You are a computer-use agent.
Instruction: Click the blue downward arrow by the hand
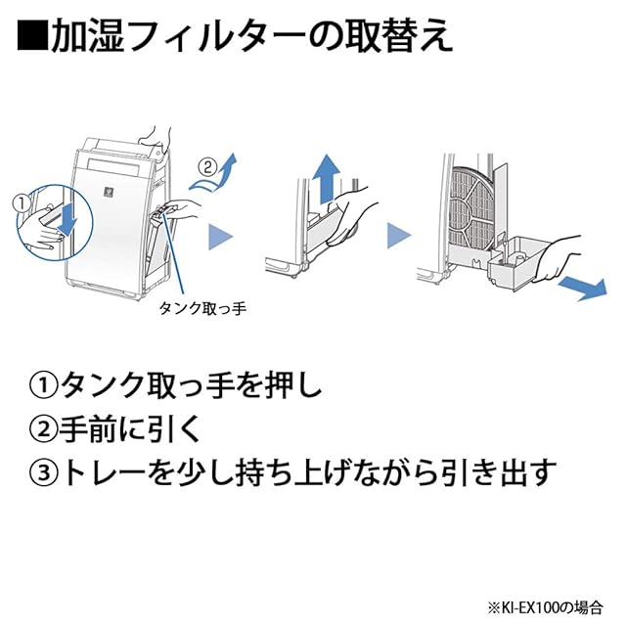tap(66, 220)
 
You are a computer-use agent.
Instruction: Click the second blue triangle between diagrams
tap(396, 236)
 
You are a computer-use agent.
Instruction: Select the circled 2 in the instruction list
tap(44, 429)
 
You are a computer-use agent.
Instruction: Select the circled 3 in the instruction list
tap(44, 472)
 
